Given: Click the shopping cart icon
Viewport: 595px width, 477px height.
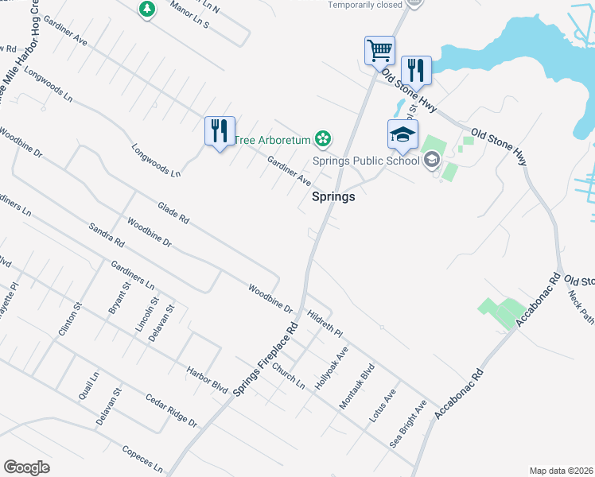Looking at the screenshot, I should coord(379,51).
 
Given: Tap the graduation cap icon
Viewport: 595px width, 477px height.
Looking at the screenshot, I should coord(402,134).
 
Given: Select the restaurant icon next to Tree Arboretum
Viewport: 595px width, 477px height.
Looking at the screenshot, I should coord(219,130).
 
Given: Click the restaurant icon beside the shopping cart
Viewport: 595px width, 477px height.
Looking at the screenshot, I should coord(416,70).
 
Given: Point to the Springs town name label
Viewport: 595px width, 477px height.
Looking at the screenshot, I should coord(332,197).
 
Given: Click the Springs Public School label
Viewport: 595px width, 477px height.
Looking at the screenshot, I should coord(366,161).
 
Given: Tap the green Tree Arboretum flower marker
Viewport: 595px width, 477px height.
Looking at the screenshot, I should coord(322,140).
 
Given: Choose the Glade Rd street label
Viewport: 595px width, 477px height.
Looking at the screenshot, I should coord(173,211).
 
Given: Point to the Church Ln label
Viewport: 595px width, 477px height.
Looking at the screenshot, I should coord(288,374).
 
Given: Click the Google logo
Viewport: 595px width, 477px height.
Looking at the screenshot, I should coord(26,467).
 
